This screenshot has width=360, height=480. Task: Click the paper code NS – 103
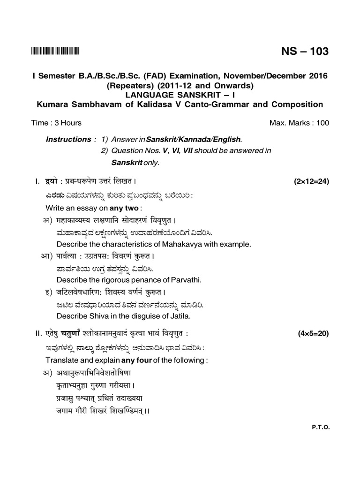305,52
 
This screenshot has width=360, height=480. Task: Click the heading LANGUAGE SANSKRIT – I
180,95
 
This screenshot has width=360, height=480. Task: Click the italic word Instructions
68,139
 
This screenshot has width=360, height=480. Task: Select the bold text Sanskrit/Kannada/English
194,140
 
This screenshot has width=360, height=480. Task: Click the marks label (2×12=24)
311,181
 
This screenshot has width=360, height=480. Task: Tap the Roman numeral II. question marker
38,334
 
